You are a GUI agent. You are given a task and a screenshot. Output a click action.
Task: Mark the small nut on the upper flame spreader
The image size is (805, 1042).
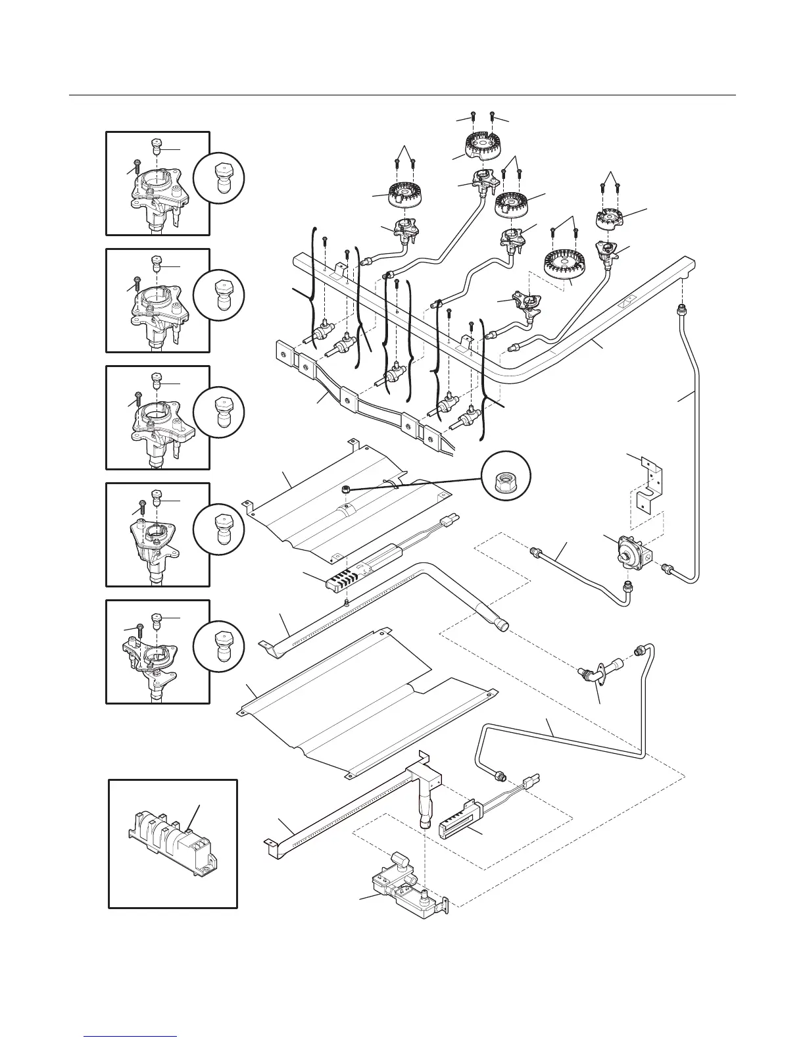click(345, 489)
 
